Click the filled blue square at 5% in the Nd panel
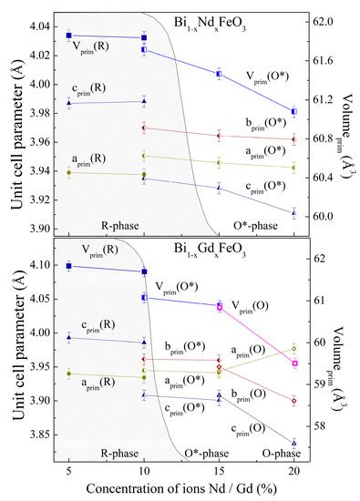tap(69, 36)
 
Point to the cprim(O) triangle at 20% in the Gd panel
tap(294, 443)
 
